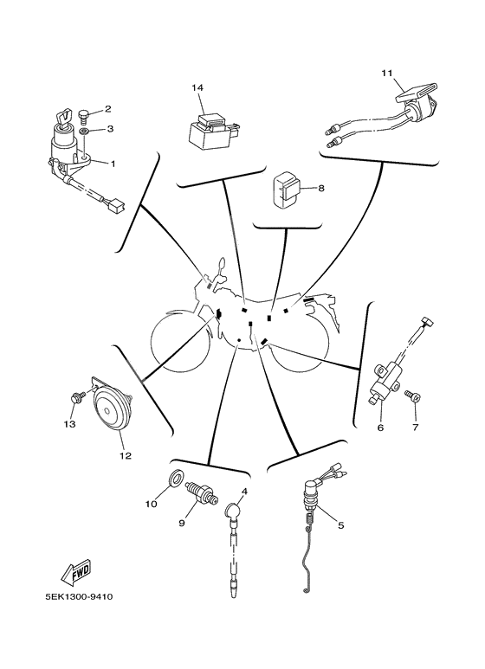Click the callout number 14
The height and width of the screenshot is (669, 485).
pos(197,88)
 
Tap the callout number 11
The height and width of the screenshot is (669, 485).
pos(386,73)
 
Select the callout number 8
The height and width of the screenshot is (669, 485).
pos(320,188)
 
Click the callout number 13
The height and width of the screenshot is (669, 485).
pos(69,424)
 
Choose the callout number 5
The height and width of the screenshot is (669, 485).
pos(340,524)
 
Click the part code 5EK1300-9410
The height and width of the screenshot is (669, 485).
pos(76,596)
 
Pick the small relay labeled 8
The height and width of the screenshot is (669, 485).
pos(286,191)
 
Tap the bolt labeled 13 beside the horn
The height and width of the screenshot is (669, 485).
pos(76,397)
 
